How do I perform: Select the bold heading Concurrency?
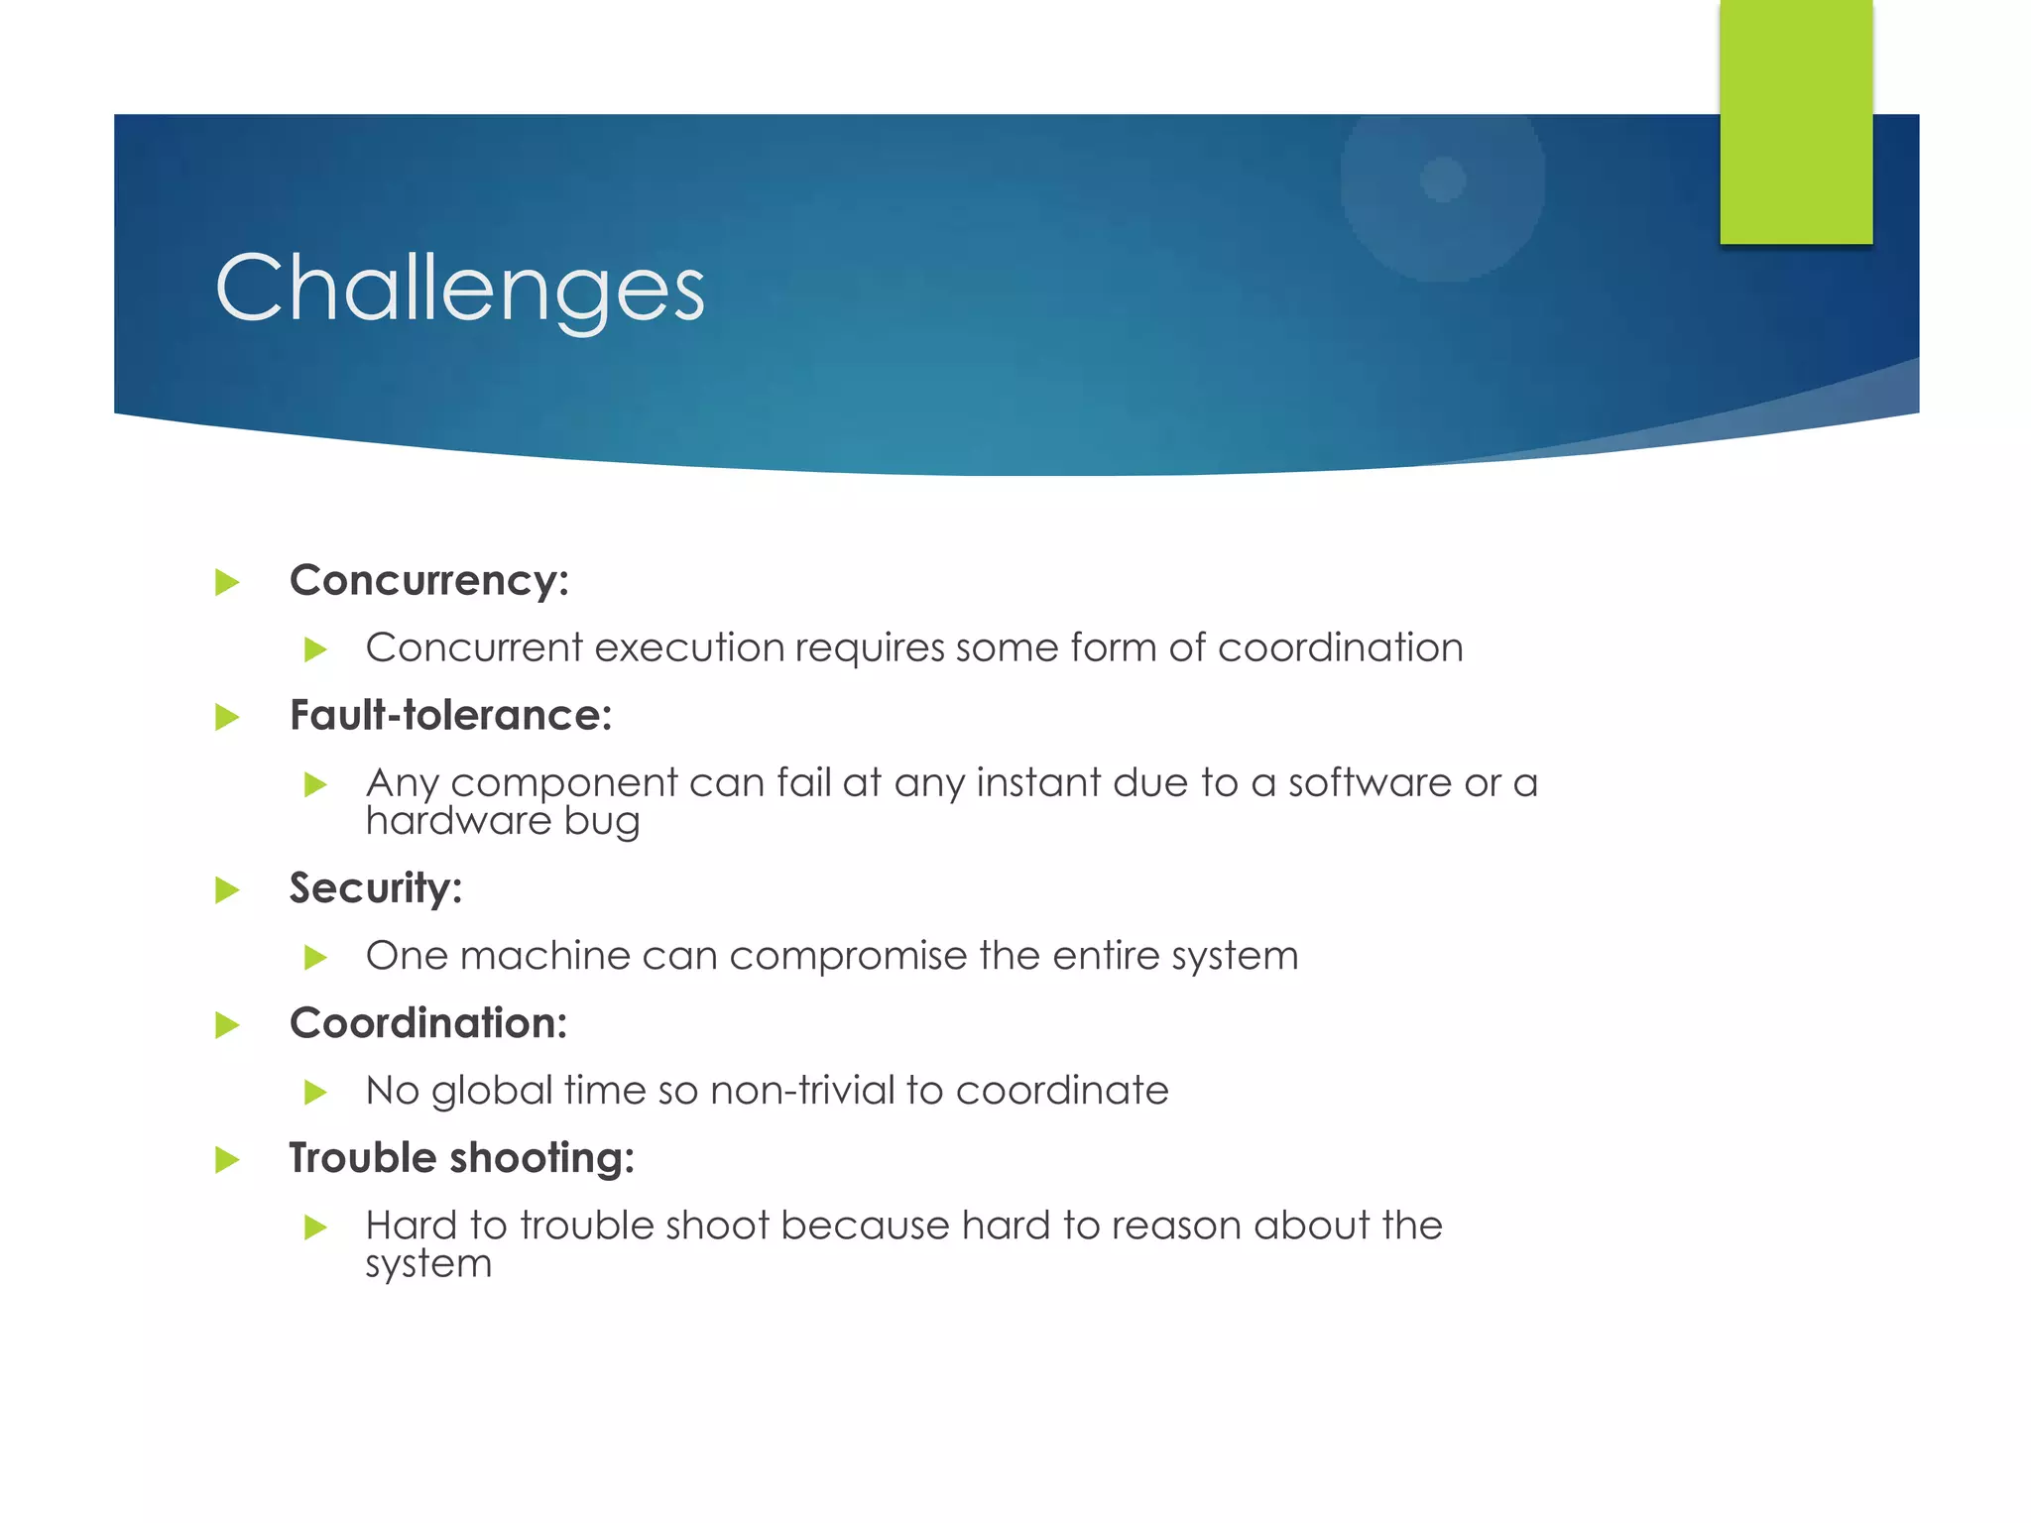(428, 581)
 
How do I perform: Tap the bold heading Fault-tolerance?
(450, 716)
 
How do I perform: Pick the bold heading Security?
(375, 888)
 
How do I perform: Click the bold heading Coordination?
(427, 1023)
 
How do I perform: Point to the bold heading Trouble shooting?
(461, 1158)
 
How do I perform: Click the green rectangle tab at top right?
(1795, 121)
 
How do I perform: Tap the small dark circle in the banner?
(1442, 179)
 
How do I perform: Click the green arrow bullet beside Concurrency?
(227, 582)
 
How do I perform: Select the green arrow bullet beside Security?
(227, 889)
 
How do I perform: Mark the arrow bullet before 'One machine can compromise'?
(315, 957)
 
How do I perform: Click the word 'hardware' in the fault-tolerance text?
(457, 821)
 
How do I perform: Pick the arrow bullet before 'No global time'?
(315, 1093)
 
